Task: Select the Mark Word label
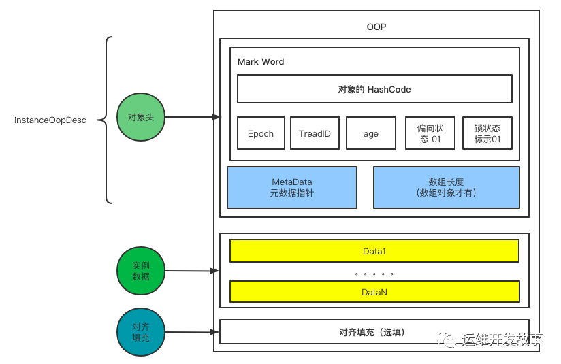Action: coord(261,62)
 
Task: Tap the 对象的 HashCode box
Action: coord(374,89)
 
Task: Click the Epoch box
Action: coord(261,133)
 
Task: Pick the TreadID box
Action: coord(315,133)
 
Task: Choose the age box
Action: coord(371,133)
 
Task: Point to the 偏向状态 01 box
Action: coord(430,133)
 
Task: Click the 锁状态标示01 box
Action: coord(487,133)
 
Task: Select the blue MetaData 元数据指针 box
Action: coord(292,187)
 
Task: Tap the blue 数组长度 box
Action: coord(446,187)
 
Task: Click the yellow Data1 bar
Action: coord(374,251)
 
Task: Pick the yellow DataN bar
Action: coord(374,291)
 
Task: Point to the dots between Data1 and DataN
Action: coord(374,274)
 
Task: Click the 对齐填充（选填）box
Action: coord(374,332)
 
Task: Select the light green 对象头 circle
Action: coord(141,117)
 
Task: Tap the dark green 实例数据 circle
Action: coord(141,271)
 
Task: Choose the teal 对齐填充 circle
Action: coord(141,332)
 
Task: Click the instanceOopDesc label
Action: coord(50,120)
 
